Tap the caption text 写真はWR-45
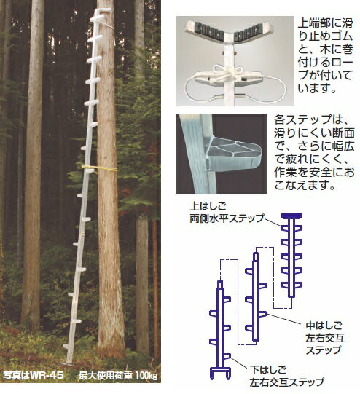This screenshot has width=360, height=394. point(33,377)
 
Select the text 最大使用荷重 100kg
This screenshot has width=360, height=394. point(114,377)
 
